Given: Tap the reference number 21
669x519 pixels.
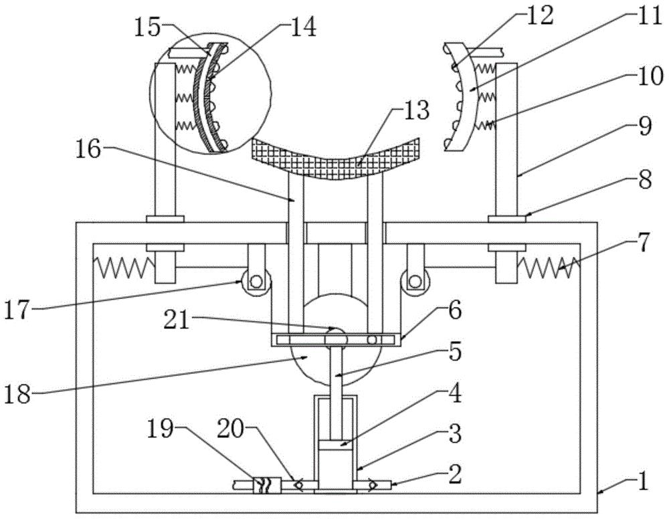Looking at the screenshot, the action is tap(177, 320).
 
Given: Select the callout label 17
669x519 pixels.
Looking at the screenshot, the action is tap(17, 310).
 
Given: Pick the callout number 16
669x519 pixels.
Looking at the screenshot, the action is tap(88, 149).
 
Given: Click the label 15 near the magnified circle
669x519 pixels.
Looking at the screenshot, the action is tap(147, 27).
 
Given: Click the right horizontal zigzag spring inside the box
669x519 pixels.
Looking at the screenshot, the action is tap(549, 267).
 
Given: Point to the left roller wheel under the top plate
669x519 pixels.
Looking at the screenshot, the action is tap(256, 282).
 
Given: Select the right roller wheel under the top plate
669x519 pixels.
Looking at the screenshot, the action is tap(414, 282).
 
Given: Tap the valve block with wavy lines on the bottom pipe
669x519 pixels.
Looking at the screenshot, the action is tap(267, 486).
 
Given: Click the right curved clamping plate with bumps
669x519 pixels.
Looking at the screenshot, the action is tap(462, 96).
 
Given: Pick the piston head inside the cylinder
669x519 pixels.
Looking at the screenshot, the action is tap(335, 445).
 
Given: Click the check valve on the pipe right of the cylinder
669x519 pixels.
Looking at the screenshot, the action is tap(374, 486).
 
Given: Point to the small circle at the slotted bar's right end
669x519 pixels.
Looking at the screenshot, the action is tap(372, 340).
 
